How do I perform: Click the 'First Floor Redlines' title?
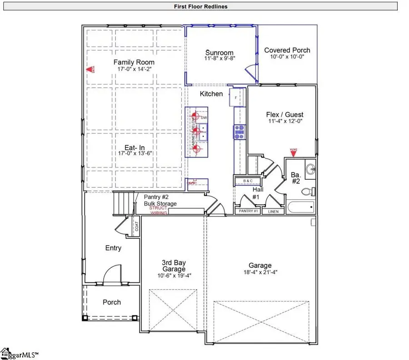200,6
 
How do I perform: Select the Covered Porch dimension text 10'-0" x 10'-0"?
287,57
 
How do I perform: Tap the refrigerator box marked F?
236,97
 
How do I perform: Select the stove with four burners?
239,132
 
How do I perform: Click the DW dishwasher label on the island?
203,118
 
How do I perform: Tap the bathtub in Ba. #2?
300,207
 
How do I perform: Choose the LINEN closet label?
274,212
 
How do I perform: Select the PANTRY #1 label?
247,212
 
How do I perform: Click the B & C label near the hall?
248,181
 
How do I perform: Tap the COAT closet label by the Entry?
136,227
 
